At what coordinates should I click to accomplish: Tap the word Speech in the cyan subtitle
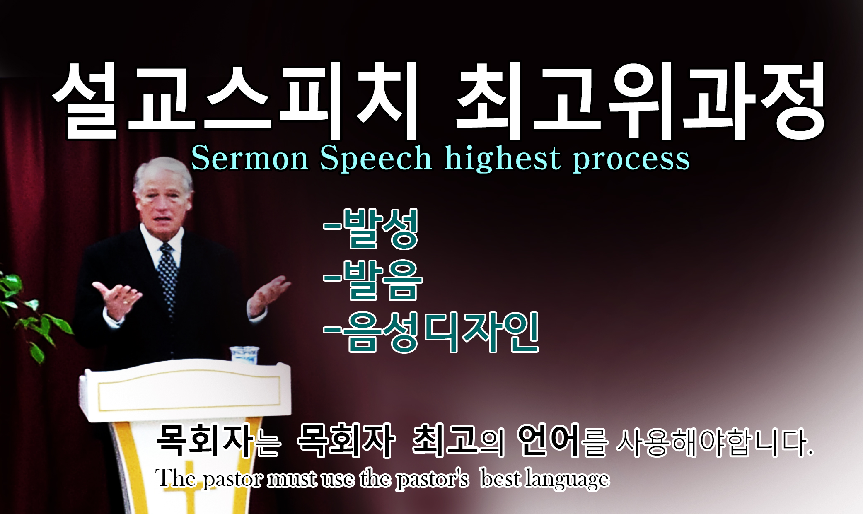pyautogui.click(x=376, y=159)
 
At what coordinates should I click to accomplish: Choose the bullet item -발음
pyautogui.click(x=373, y=280)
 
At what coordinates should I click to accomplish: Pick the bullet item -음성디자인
pyautogui.click(x=431, y=333)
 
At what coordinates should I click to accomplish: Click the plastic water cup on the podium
pyautogui.click(x=244, y=355)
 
